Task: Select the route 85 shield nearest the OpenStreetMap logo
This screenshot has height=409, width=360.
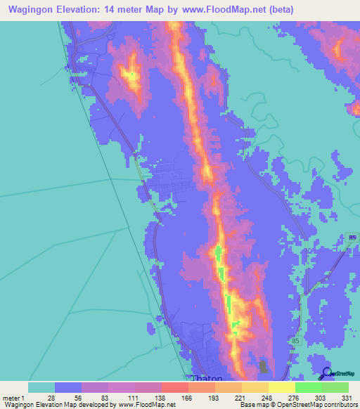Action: pyautogui.click(x=295, y=340)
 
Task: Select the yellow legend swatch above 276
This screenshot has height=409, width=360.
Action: pyautogui.click(x=282, y=387)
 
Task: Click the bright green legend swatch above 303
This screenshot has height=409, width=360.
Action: pyautogui.click(x=309, y=387)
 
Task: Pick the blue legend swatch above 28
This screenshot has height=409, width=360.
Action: pyautogui.click(x=68, y=387)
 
